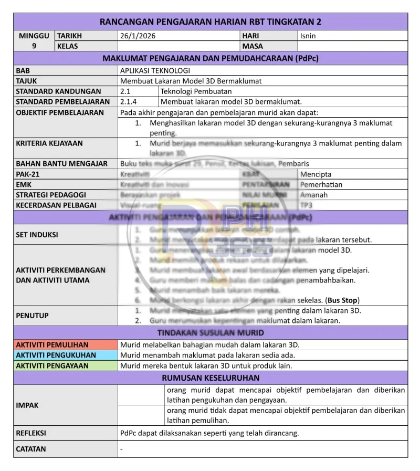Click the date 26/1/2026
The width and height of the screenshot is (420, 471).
(138, 36)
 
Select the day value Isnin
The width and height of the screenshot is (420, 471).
(308, 36)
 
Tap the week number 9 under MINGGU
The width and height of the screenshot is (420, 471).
(34, 46)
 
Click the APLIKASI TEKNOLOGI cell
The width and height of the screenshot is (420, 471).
(155, 70)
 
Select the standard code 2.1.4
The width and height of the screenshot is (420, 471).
(129, 102)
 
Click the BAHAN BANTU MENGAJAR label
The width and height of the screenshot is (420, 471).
(62, 163)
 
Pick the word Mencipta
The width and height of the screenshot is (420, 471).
(316, 174)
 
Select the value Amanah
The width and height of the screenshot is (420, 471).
(314, 194)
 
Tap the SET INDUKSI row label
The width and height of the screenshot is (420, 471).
(37, 235)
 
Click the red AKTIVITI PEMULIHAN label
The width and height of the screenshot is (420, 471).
(52, 345)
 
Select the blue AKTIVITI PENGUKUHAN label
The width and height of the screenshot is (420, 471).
(56, 355)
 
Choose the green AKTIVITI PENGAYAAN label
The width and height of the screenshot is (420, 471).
(52, 366)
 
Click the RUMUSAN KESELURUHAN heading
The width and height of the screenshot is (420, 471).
(211, 378)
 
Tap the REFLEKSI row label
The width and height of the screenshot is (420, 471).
(31, 433)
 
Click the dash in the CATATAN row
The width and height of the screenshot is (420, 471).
(122, 449)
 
